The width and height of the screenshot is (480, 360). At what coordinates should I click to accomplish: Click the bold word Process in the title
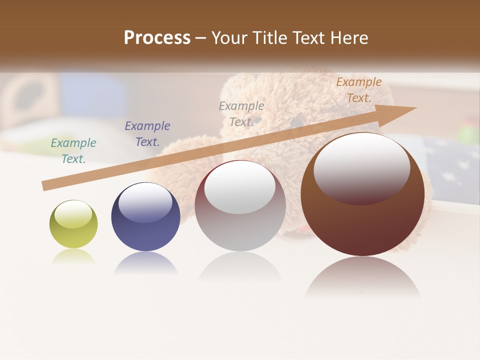pos(157,38)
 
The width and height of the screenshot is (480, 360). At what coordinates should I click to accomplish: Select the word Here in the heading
pos(348,38)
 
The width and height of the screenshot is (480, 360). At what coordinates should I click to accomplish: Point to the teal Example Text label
pos(73,151)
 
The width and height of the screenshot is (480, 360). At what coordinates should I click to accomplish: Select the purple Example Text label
pos(147,134)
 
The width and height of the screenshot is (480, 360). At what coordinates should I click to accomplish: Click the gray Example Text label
pos(241,114)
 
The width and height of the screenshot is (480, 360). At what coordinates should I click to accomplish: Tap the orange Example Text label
pos(359,90)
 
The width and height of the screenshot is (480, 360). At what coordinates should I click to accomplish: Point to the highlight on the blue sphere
pos(145,200)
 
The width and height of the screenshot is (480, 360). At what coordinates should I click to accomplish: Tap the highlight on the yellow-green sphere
pos(73,214)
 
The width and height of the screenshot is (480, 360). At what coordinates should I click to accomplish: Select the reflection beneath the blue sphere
pos(145,262)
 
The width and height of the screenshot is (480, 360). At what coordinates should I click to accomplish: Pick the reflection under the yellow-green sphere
pos(73,256)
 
